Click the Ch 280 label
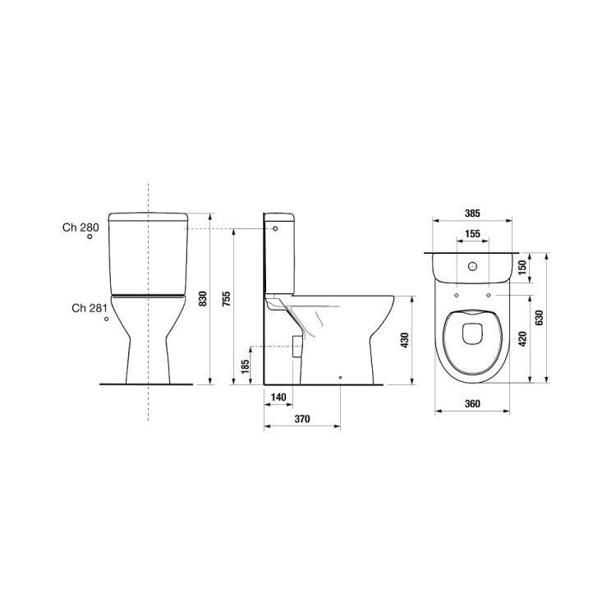pos(80,227)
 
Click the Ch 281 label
pos(90,309)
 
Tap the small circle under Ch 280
pos(91,237)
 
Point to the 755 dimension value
pos(227,300)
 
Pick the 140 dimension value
pos(278,398)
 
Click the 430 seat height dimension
pos(403,339)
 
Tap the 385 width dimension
pos(472,213)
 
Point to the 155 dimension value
pos(472,234)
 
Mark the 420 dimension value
pos(522,335)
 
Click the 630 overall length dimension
pos(540,317)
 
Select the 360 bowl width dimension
pos(472,403)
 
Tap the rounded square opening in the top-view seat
pos(472,333)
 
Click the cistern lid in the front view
pos(148,218)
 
